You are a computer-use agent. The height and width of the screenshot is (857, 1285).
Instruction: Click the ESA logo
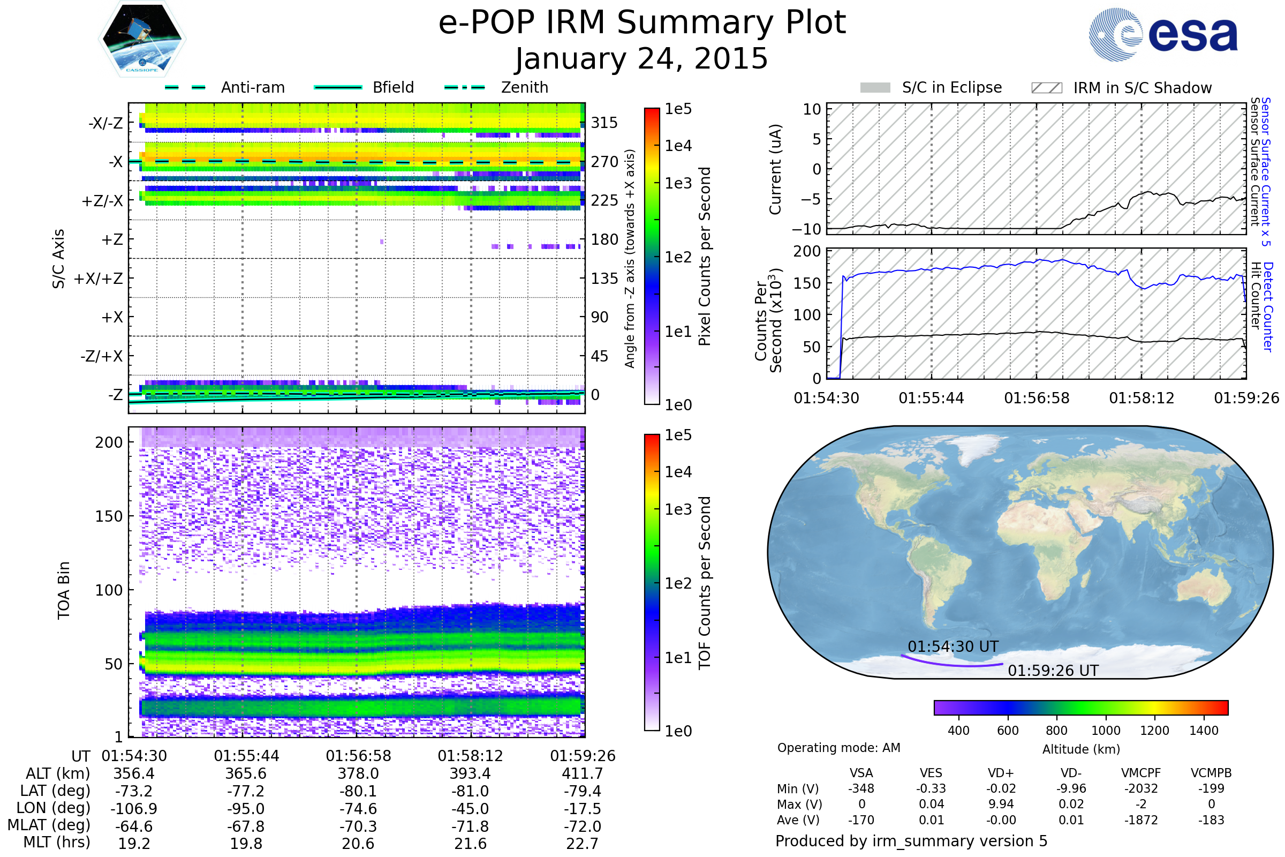pyautogui.click(x=1163, y=34)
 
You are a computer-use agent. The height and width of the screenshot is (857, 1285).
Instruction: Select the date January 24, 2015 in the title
pyautogui.click(x=642, y=58)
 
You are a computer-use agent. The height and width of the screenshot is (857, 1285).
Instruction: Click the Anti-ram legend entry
pyautogui.click(x=225, y=87)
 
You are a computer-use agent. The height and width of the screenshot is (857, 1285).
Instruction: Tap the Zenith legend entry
pyautogui.click(x=497, y=87)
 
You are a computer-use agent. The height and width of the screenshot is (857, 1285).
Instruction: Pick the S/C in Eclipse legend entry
pyautogui.click(x=931, y=87)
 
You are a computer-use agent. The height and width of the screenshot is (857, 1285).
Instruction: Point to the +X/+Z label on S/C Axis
pyautogui.click(x=99, y=279)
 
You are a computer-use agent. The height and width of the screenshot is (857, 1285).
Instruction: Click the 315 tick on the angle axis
pyautogui.click(x=604, y=123)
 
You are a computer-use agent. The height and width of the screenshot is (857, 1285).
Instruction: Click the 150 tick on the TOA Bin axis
pyautogui.click(x=109, y=516)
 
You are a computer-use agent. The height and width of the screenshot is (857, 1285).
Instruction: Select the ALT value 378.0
pyautogui.click(x=358, y=774)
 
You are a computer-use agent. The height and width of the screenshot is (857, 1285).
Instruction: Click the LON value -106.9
pyautogui.click(x=134, y=809)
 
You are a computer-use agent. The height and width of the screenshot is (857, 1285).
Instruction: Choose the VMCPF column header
pyautogui.click(x=1141, y=773)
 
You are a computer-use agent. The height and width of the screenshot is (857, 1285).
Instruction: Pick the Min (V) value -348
pyautogui.click(x=861, y=788)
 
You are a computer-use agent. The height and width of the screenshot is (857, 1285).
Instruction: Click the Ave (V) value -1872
pyautogui.click(x=1141, y=820)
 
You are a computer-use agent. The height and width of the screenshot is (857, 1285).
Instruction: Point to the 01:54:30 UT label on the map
pyautogui.click(x=954, y=646)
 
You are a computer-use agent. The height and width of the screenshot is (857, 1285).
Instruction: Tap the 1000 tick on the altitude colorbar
pyautogui.click(x=1106, y=731)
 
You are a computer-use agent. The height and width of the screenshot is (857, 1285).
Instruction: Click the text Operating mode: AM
pyautogui.click(x=838, y=748)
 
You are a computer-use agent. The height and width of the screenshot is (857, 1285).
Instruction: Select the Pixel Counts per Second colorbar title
pyautogui.click(x=705, y=257)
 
